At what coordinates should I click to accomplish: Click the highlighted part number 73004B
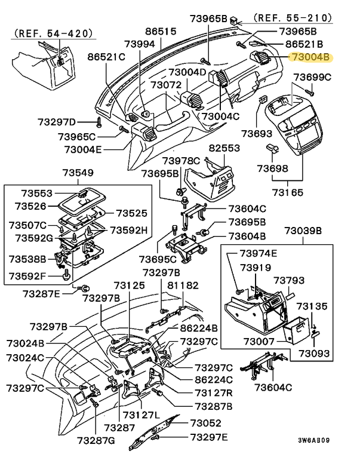click(x=310, y=57)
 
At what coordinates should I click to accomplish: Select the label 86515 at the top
click(x=161, y=31)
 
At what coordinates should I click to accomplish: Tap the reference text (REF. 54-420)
click(x=54, y=33)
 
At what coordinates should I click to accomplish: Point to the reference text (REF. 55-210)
click(x=293, y=18)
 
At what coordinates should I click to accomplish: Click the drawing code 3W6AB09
click(x=314, y=440)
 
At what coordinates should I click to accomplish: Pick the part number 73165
click(x=288, y=192)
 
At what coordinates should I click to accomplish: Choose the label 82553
click(x=224, y=148)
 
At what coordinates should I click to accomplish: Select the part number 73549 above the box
click(x=78, y=173)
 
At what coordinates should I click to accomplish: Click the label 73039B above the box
click(x=303, y=231)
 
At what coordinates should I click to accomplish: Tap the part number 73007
click(x=259, y=341)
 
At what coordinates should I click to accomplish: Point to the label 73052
click(x=206, y=423)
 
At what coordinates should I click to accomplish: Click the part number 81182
click(x=183, y=286)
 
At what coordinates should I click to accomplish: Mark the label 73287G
click(x=96, y=440)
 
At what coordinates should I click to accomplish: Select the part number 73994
click(x=140, y=44)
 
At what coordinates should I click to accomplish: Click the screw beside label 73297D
click(x=99, y=122)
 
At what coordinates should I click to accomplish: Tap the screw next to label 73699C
click(x=309, y=93)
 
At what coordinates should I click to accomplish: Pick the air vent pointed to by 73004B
click(x=260, y=57)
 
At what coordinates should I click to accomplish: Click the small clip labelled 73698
click(x=272, y=148)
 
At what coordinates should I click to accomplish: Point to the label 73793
click(x=289, y=280)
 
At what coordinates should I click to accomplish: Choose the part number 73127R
click(x=214, y=393)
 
